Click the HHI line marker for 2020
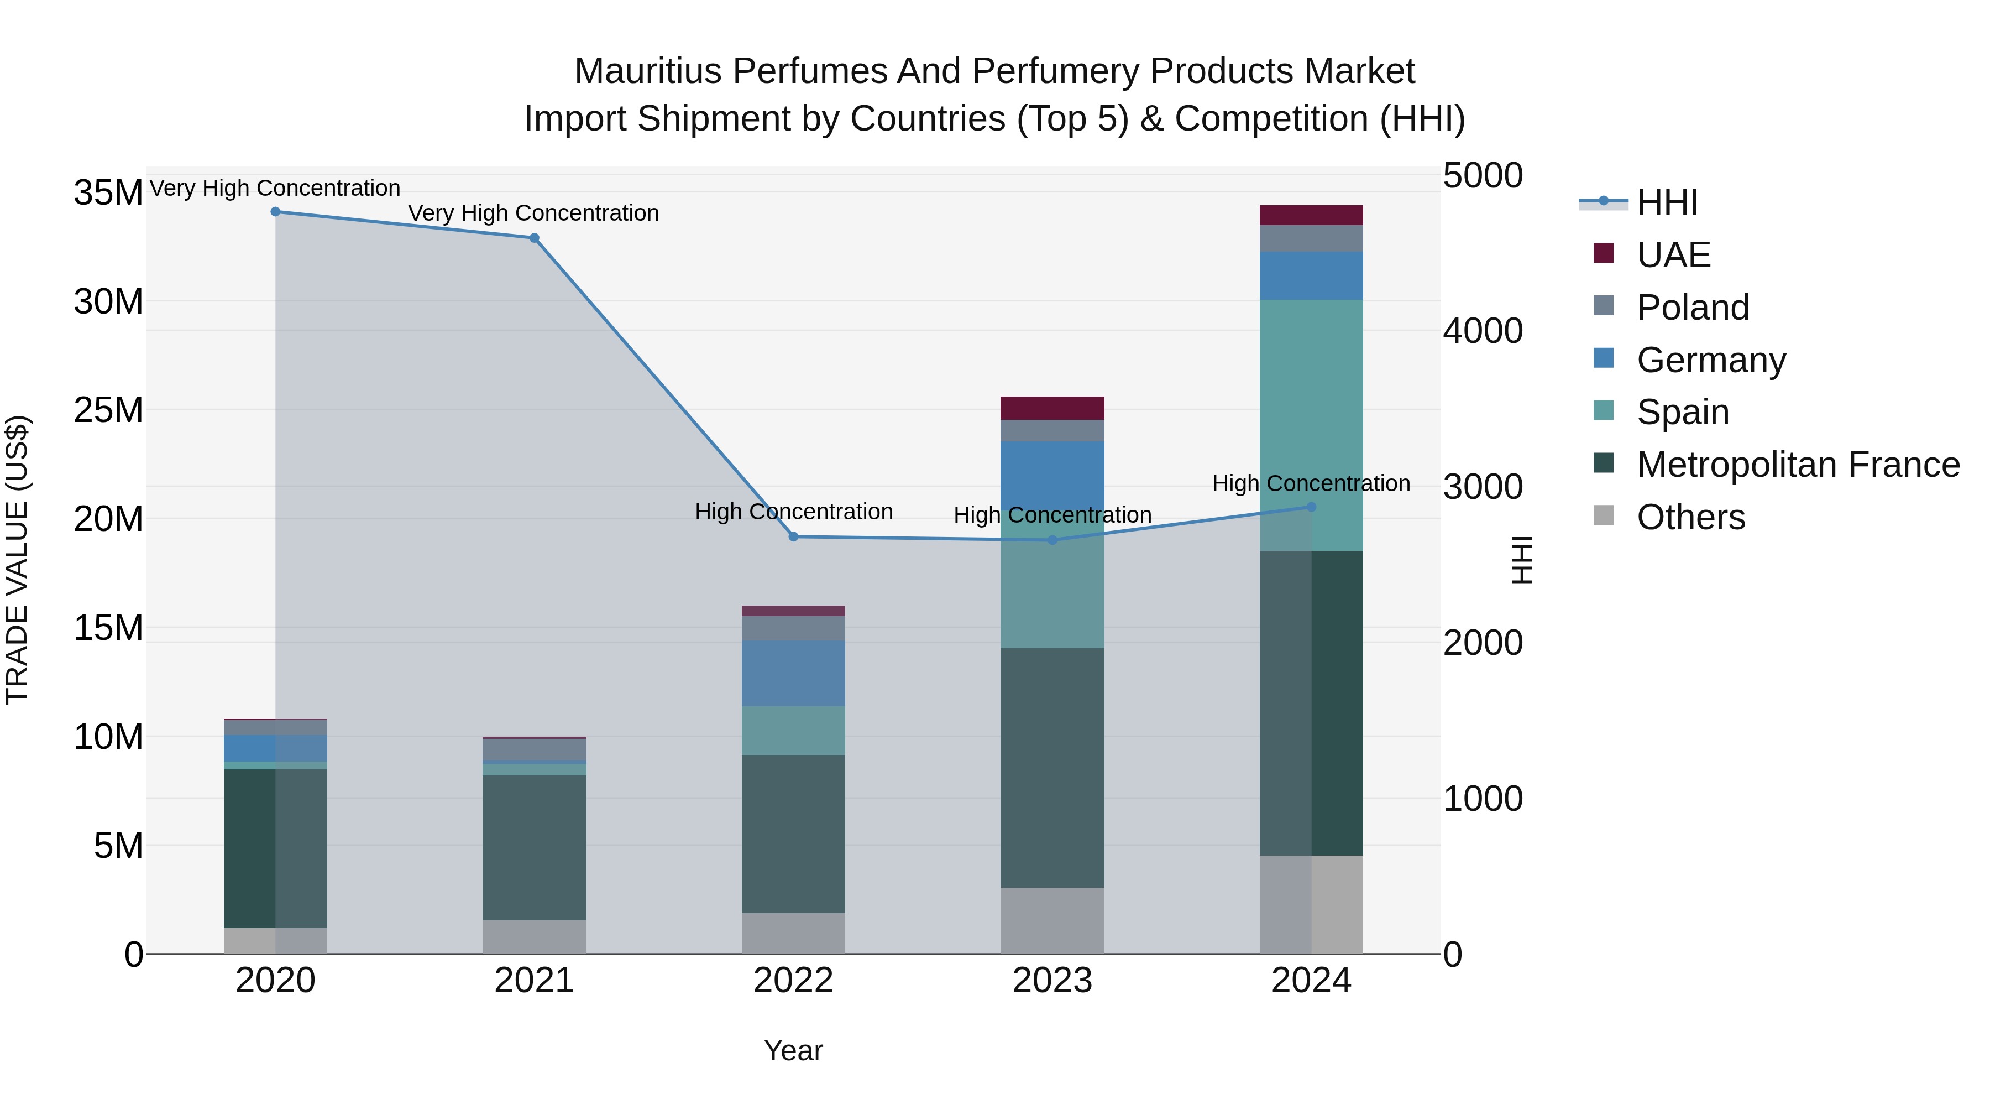[275, 212]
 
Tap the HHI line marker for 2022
[793, 536]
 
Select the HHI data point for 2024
[1311, 507]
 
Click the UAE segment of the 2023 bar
[1052, 408]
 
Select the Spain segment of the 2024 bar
[1311, 418]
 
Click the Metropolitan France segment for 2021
[534, 846]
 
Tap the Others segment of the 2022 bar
[793, 933]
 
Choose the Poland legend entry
[1693, 308]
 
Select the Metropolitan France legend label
[1798, 465]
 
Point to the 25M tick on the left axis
[108, 410]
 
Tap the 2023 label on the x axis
[1052, 981]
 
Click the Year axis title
[793, 1050]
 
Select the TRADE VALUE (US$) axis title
[17, 560]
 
